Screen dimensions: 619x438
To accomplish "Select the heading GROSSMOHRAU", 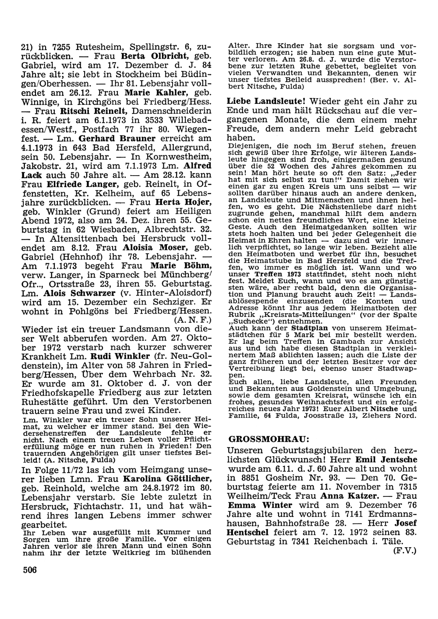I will click(x=259, y=439).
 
